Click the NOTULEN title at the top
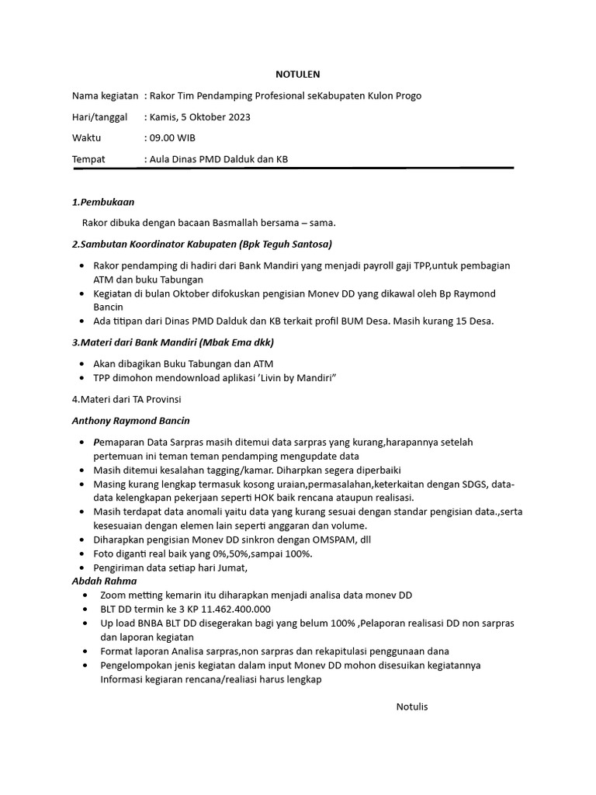coord(298,75)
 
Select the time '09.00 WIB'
coord(172,138)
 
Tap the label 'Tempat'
coord(88,159)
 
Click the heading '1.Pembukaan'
coord(103,202)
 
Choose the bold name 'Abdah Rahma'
coord(104,581)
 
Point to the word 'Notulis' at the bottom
coord(412,706)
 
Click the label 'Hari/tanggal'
coord(99,117)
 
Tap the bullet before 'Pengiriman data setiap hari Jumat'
coord(82,568)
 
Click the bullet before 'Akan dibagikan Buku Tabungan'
coord(82,363)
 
